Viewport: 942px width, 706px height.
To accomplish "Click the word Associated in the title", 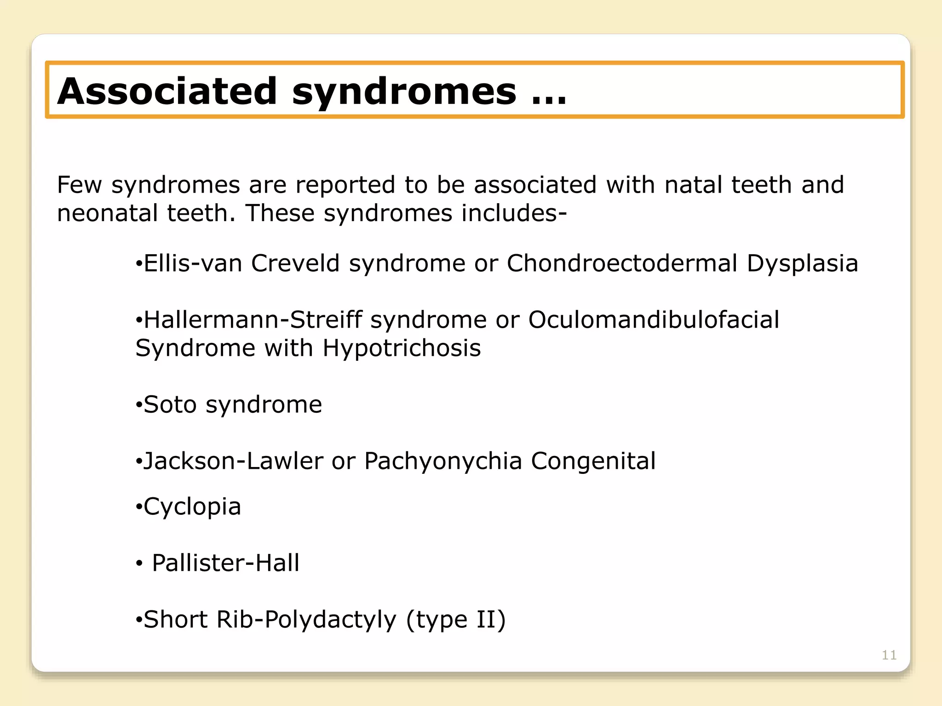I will (x=167, y=91).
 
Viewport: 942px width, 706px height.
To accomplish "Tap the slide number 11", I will (x=889, y=655).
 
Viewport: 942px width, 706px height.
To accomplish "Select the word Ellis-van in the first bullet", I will (x=193, y=264).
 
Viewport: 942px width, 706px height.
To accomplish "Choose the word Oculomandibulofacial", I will (x=654, y=320).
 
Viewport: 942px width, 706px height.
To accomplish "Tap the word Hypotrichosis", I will (x=402, y=348).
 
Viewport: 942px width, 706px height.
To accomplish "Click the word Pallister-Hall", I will (x=225, y=563).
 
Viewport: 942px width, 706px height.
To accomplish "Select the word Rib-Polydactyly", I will (x=306, y=620).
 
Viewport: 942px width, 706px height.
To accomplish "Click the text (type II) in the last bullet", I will (x=455, y=620).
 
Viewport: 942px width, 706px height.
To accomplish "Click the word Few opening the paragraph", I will (x=79, y=185).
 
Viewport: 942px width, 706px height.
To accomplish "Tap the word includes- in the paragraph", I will (x=514, y=213).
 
